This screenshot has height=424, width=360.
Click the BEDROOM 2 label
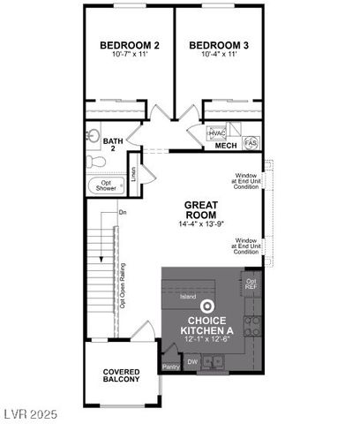(130, 45)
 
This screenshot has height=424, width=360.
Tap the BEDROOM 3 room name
(215, 45)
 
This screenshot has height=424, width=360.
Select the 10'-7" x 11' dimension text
(130, 56)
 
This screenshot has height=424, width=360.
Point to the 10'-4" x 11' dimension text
(215, 56)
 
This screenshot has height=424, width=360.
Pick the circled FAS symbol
(250, 142)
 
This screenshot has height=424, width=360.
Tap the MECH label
(226, 146)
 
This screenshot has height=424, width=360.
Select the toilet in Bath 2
(94, 161)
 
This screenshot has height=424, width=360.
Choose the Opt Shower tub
(106, 186)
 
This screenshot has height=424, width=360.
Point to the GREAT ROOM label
(201, 209)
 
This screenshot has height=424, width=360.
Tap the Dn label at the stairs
(124, 212)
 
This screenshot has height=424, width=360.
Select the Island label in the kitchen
(188, 297)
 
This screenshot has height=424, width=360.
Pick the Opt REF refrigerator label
(251, 284)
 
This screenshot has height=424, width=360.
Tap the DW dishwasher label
(192, 360)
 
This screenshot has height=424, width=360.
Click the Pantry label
(170, 367)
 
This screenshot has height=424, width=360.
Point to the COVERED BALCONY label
(122, 375)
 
